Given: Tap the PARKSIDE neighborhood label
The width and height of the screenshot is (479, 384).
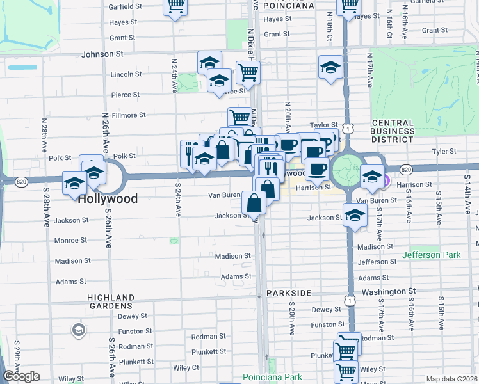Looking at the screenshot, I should (289, 292).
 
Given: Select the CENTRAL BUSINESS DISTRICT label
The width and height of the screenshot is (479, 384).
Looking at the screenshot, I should (392, 131).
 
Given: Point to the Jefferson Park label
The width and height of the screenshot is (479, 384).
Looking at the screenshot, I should (431, 255).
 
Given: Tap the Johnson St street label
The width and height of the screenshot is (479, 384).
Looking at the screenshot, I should (102, 54).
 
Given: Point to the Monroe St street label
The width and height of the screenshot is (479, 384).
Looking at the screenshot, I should (70, 241).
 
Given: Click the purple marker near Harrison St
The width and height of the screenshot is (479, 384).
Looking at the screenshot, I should (386, 181).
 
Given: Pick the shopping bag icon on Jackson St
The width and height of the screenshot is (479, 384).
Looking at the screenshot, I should (254, 204).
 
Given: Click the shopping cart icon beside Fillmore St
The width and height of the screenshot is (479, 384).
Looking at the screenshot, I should (239, 117).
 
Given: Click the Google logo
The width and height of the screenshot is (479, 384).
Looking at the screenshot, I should (21, 376).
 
